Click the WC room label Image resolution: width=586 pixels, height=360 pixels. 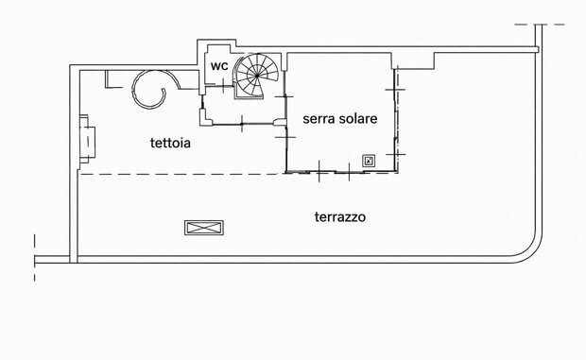click(x=219, y=66)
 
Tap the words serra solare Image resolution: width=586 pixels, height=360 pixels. click(x=339, y=119)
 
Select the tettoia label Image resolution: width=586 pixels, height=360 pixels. click(x=170, y=143)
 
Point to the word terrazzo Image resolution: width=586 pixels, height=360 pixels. click(x=340, y=217)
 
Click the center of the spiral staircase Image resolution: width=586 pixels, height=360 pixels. click(x=257, y=76)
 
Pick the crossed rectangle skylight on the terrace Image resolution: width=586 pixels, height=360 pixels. click(x=204, y=228)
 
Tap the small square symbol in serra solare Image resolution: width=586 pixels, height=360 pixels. click(x=369, y=161)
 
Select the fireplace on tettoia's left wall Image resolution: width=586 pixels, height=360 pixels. click(x=87, y=139)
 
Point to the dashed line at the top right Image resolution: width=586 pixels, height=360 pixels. click(x=540, y=25)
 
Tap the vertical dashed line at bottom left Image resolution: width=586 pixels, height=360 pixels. click(x=34, y=257)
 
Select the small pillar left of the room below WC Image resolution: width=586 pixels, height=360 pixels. click(x=205, y=117)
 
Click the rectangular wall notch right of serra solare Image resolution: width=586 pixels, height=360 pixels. click(x=413, y=61)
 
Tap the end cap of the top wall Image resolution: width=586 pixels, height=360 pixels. click(x=538, y=49)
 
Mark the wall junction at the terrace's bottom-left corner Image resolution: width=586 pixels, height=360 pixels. click(x=74, y=259)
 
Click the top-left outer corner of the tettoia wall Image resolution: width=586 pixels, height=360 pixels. click(x=70, y=65)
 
